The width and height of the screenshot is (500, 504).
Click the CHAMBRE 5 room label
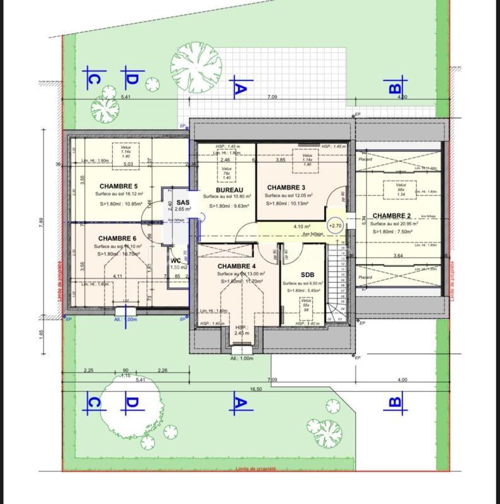[118, 186]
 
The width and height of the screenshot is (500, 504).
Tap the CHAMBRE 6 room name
[118, 238]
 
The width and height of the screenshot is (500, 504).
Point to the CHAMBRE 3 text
[286, 188]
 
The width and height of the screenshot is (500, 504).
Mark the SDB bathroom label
[307, 275]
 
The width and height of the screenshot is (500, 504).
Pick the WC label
[176, 260]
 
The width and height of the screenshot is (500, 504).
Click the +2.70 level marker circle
[335, 226]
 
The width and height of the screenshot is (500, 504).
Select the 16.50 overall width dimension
[256, 389]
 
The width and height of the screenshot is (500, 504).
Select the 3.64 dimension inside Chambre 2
[397, 256]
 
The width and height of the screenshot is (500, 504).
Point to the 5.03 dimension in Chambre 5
[128, 164]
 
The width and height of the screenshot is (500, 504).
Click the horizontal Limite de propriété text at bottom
[256, 469]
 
